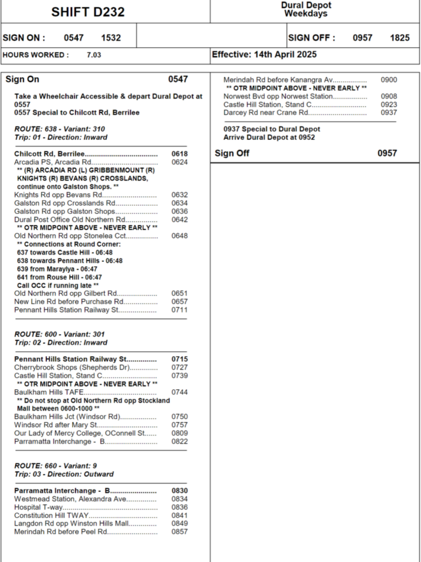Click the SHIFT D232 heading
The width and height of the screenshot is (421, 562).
tap(88, 12)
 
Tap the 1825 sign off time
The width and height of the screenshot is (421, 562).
tap(400, 38)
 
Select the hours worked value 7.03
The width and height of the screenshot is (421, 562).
tap(94, 55)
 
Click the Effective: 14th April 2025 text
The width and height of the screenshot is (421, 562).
tap(264, 54)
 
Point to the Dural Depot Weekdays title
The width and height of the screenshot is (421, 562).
tap(306, 9)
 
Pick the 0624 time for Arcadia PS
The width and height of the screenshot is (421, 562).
tap(180, 162)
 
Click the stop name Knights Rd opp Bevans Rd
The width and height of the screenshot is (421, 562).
tap(58, 195)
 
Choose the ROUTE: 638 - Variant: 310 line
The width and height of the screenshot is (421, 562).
tap(60, 129)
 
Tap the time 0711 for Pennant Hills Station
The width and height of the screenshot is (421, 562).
tap(180, 310)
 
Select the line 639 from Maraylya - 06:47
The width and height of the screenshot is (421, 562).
tap(57, 269)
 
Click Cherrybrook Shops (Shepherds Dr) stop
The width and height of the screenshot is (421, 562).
tap(72, 367)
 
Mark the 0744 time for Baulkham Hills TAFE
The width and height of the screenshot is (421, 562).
tap(180, 392)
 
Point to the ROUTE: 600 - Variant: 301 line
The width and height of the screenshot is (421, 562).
tap(60, 334)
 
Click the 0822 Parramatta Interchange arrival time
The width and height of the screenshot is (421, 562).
tap(180, 441)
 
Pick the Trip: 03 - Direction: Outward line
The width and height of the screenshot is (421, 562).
tap(64, 474)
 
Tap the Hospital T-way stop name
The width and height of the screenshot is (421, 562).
tap(38, 507)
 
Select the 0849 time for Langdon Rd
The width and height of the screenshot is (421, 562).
tap(180, 523)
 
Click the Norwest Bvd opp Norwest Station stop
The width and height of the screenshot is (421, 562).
tap(278, 96)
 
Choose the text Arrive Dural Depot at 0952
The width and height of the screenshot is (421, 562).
tap(269, 137)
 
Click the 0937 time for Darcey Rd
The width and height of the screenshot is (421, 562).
tap(389, 112)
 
